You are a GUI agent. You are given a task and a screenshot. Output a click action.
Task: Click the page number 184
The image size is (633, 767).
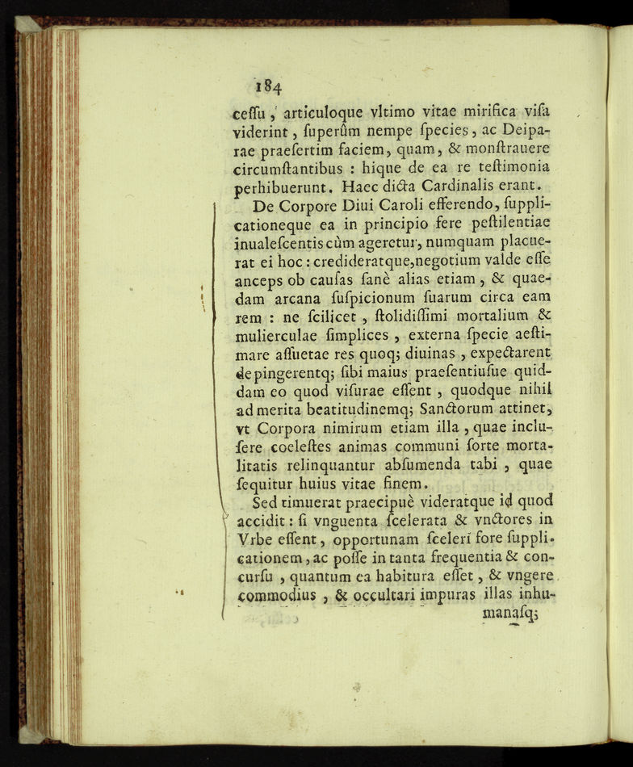pos(266,86)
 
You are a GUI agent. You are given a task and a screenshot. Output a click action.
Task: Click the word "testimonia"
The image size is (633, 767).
pos(509,166)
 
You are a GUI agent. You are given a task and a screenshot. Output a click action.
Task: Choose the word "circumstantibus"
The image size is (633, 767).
pos(300,168)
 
